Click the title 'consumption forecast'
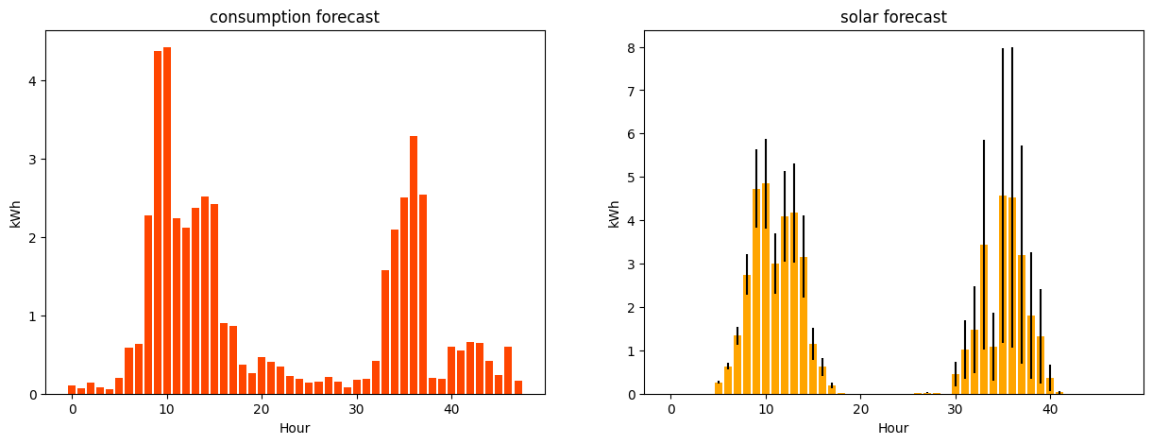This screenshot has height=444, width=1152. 295,17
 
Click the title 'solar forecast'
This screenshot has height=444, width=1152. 893,17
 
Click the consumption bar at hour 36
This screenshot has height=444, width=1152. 414,265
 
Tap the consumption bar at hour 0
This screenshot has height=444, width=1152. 72,389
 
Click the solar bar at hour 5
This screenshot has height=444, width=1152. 719,388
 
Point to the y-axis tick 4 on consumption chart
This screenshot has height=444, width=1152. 32,81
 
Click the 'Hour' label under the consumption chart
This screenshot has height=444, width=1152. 295,428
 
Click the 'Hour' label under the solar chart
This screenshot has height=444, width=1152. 893,428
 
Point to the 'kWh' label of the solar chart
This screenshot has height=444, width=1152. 615,213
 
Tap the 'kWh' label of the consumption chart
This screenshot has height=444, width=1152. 15,213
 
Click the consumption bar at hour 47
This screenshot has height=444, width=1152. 517,387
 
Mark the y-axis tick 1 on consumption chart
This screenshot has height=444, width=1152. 32,316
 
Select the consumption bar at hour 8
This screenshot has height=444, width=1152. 148,304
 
